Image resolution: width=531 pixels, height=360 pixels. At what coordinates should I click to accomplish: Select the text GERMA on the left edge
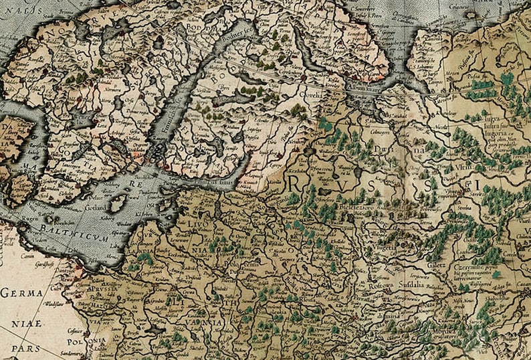(x=21, y=292)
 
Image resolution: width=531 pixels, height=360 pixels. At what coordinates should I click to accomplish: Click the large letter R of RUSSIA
(x=295, y=182)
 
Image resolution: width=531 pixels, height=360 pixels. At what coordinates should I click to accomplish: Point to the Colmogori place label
(x=379, y=131)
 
